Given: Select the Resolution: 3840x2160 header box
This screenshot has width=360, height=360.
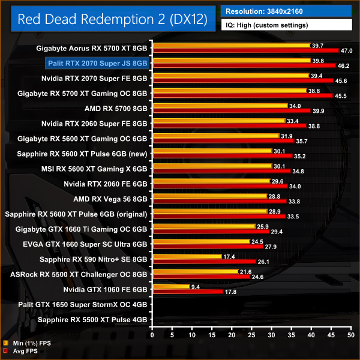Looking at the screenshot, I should pos(286,10).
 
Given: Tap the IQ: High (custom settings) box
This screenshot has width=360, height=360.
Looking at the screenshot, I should pos(286,25).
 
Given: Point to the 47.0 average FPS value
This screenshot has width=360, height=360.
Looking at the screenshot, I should pos(346,50).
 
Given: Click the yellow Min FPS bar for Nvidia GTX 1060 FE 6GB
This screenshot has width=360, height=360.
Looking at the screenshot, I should pos(171,287).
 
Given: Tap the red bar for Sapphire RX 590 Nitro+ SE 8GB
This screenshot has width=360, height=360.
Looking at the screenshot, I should pos(204,262).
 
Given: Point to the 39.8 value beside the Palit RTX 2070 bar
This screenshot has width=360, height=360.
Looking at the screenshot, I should pos(319,61).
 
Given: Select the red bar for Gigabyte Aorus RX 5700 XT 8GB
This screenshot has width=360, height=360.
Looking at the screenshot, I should pos(246,50).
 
